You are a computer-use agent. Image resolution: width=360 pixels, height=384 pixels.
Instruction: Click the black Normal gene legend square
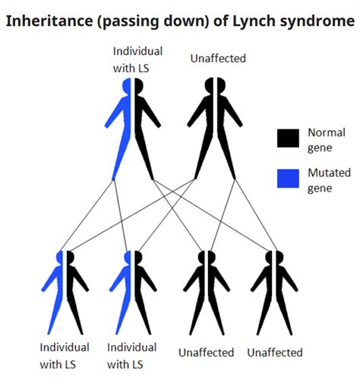[288, 138]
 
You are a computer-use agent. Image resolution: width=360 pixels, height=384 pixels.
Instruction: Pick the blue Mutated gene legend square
[288, 179]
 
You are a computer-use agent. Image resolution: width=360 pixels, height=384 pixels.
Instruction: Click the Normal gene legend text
[326, 139]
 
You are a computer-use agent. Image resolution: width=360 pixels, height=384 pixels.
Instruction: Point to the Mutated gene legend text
[329, 180]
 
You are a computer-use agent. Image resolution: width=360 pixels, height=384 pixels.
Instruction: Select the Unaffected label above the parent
[217, 58]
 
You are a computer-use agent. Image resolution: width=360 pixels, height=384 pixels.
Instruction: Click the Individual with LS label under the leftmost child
[65, 355]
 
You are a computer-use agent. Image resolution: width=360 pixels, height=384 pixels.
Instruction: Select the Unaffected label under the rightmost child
[275, 353]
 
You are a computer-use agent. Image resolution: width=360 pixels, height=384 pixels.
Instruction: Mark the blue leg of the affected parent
[122, 156]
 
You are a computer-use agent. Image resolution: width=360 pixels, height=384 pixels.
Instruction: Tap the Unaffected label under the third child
[207, 353]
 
